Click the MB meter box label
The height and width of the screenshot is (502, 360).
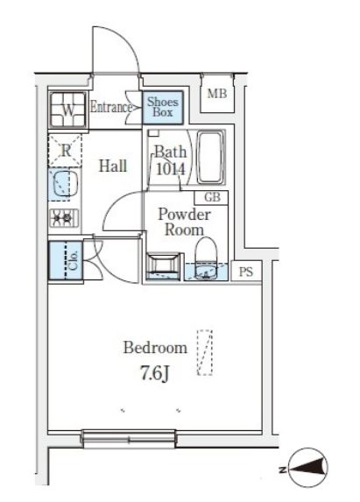click(x=217, y=94)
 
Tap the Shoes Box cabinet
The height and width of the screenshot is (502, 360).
click(x=163, y=107)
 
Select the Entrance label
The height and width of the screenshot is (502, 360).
click(x=111, y=107)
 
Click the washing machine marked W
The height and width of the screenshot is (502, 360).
click(x=67, y=110)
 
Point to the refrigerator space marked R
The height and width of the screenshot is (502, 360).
click(x=66, y=151)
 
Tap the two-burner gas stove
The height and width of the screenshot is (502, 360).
click(x=64, y=218)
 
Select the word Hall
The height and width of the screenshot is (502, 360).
click(x=113, y=166)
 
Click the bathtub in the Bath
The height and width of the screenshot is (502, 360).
click(x=209, y=157)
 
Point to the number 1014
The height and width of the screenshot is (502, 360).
click(x=171, y=169)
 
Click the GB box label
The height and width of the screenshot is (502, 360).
click(x=213, y=197)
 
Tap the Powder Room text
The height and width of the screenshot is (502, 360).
click(x=185, y=223)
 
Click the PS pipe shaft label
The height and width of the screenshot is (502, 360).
click(x=246, y=272)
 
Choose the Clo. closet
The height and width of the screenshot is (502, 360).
click(x=66, y=260)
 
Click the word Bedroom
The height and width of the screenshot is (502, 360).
click(x=155, y=348)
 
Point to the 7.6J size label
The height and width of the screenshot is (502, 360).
click(x=154, y=373)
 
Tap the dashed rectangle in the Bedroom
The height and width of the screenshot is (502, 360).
click(x=204, y=352)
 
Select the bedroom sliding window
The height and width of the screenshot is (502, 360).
click(x=129, y=438)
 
